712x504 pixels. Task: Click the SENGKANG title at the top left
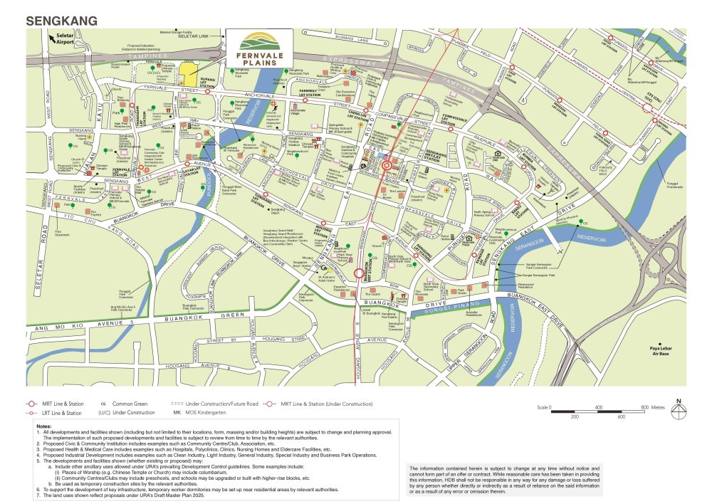[61, 21]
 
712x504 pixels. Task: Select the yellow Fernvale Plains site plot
[188, 71]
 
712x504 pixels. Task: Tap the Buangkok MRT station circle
[357, 273]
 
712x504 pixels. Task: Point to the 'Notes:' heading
[43, 426]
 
